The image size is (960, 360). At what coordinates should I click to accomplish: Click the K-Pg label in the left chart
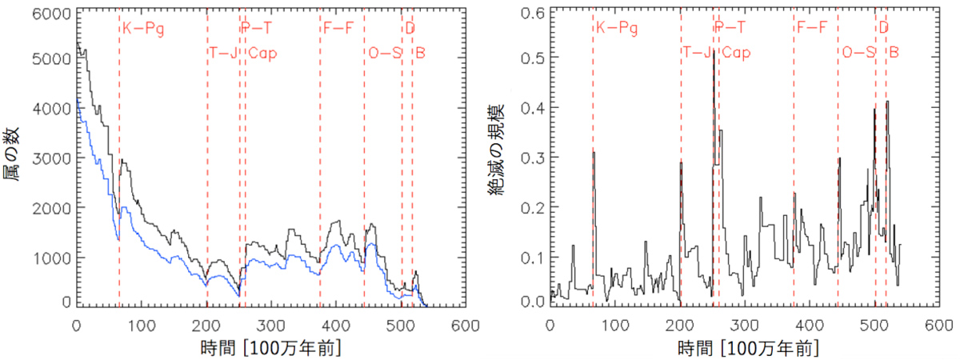(143, 30)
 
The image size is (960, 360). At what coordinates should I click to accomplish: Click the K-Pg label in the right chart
(617, 30)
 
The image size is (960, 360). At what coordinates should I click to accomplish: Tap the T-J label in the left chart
(225, 54)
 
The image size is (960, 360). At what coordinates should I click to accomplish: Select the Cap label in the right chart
(737, 54)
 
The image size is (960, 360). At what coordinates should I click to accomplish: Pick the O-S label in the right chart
(858, 54)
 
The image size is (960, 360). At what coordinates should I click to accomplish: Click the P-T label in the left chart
(257, 30)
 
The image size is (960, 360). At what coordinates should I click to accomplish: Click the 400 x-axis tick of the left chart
(336, 326)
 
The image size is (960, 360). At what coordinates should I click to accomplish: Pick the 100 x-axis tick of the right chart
(614, 326)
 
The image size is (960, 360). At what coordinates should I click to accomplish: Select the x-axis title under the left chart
(269, 349)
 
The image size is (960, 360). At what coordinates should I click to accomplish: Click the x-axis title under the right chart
(742, 349)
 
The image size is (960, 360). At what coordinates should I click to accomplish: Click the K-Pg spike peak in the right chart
(594, 152)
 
